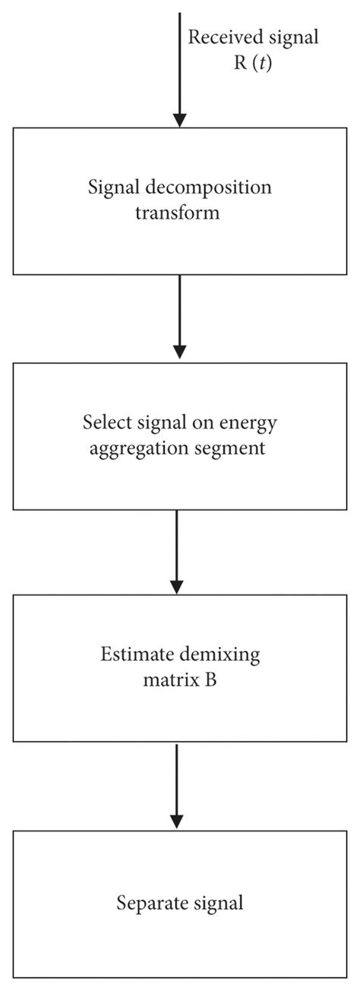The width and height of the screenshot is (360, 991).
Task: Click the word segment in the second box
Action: tap(232, 448)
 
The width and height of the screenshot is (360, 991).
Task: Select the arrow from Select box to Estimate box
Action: tap(177, 551)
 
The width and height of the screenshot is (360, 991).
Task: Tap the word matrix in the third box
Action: tap(167, 680)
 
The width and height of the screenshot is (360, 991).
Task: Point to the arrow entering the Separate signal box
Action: tap(177, 787)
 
